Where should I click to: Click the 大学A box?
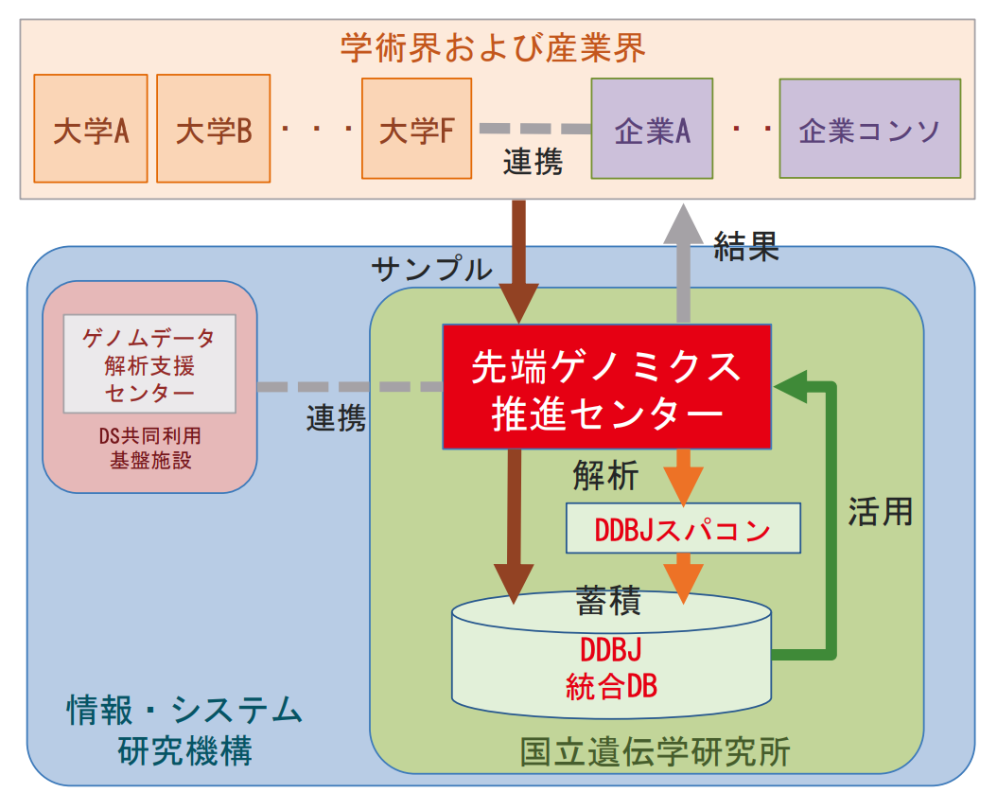point(91,129)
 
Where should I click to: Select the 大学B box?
point(214,129)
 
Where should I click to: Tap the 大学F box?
point(416,129)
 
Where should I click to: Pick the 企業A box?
point(652,129)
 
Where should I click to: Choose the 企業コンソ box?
point(869,129)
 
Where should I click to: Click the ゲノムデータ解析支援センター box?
point(149,364)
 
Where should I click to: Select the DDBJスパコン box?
point(683,529)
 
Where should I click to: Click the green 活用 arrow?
point(832,520)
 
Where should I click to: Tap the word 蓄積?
point(610,601)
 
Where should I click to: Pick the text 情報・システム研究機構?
point(184,728)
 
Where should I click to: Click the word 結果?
point(746,246)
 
